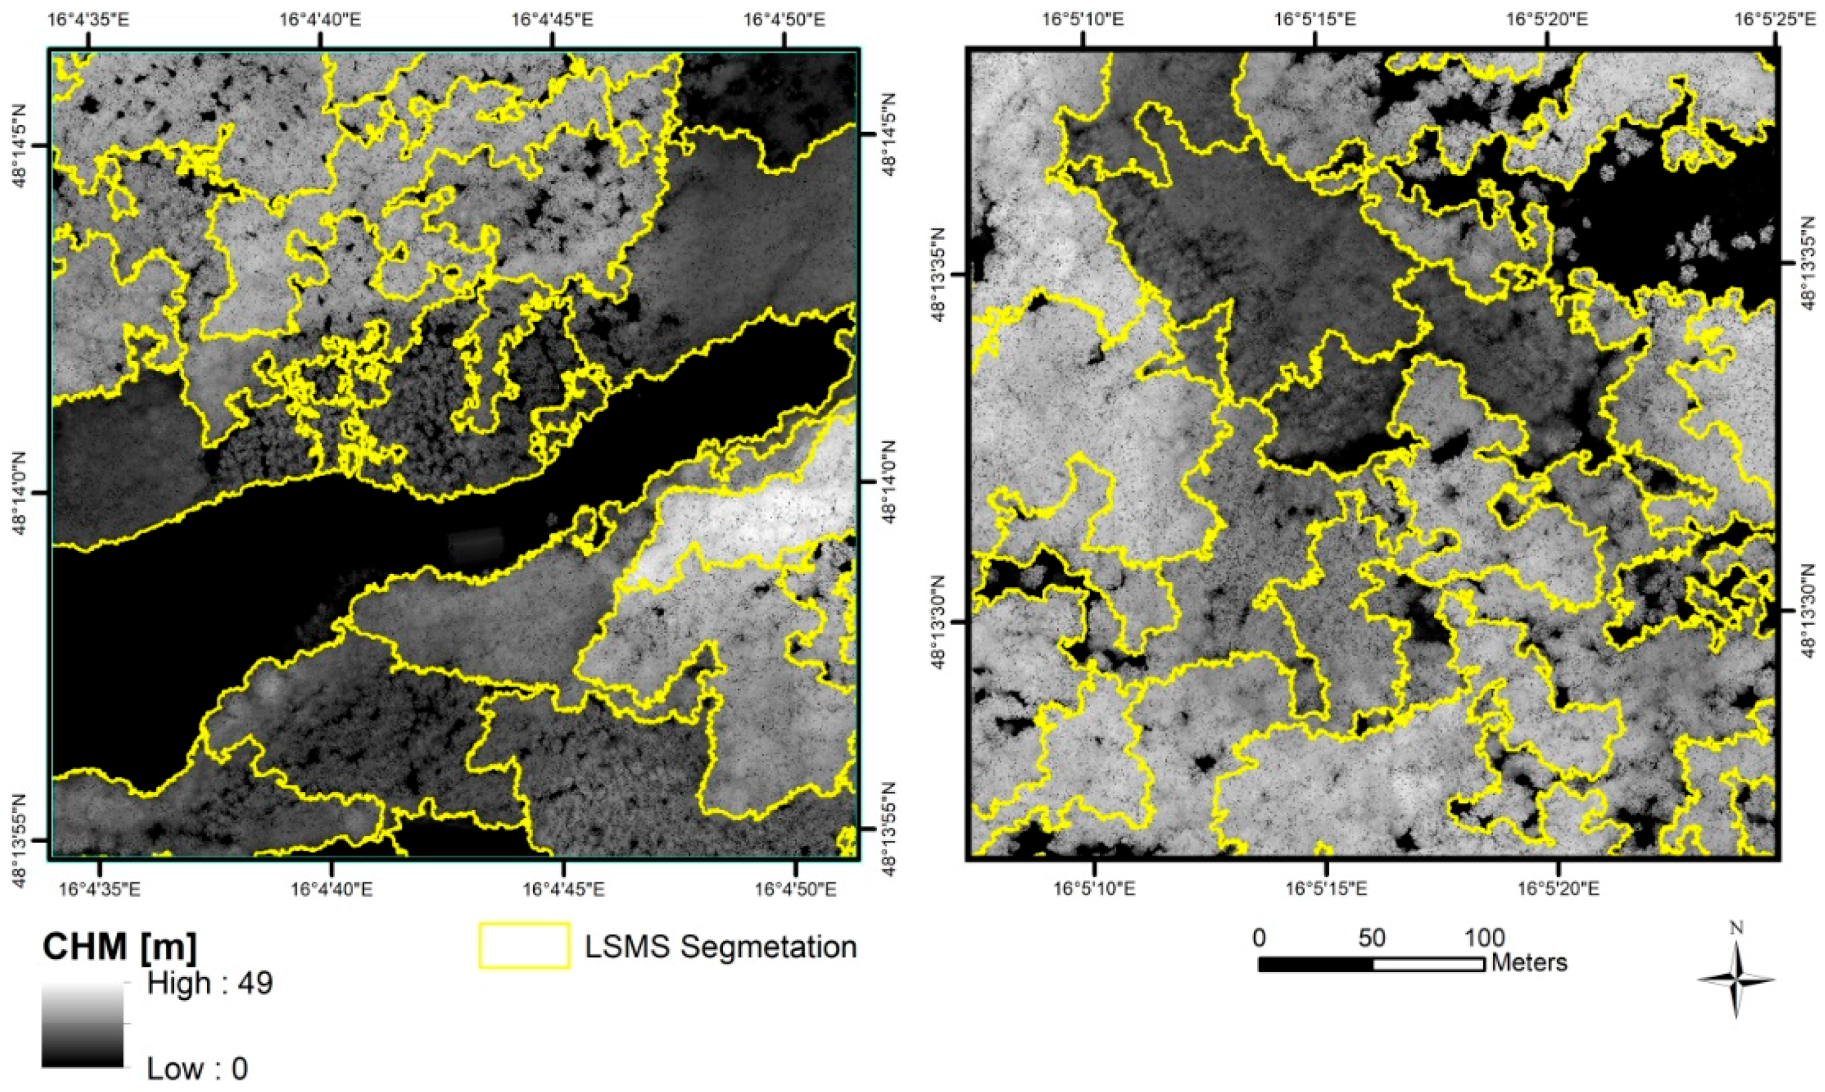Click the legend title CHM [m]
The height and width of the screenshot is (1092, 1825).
(120, 947)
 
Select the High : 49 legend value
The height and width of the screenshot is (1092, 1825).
(210, 983)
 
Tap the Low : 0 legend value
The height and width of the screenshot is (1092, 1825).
(197, 1068)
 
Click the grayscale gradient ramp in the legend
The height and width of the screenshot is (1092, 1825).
(82, 1025)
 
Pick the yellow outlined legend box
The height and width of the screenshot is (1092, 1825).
(524, 946)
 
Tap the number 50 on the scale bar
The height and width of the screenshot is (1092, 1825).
(1371, 938)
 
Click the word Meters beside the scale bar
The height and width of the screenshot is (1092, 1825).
(1529, 963)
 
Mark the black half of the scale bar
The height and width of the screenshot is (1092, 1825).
(1316, 964)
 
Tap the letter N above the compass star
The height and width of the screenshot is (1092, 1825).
(1736, 929)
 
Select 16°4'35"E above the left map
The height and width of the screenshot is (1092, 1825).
(89, 18)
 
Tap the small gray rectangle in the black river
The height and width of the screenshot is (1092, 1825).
(476, 545)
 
